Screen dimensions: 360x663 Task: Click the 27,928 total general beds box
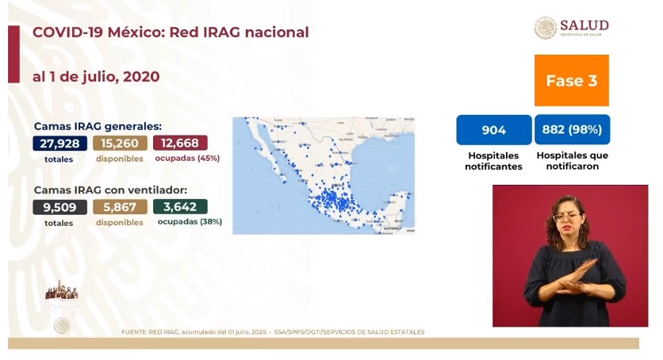click(x=59, y=144)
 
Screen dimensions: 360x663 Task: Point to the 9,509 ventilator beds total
click(x=59, y=208)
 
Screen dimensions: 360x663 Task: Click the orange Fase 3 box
click(x=571, y=81)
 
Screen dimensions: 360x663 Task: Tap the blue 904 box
click(x=493, y=130)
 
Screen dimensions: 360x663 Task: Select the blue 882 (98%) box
click(x=571, y=130)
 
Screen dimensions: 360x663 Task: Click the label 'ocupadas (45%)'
click(x=189, y=159)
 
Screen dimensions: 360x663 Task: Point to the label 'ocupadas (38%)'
click(x=190, y=222)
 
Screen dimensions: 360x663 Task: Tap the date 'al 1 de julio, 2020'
click(x=96, y=77)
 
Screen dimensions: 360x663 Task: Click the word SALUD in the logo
click(x=584, y=25)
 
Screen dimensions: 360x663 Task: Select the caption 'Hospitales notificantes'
click(x=493, y=161)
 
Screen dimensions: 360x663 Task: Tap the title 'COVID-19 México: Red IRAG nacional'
click(x=171, y=33)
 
